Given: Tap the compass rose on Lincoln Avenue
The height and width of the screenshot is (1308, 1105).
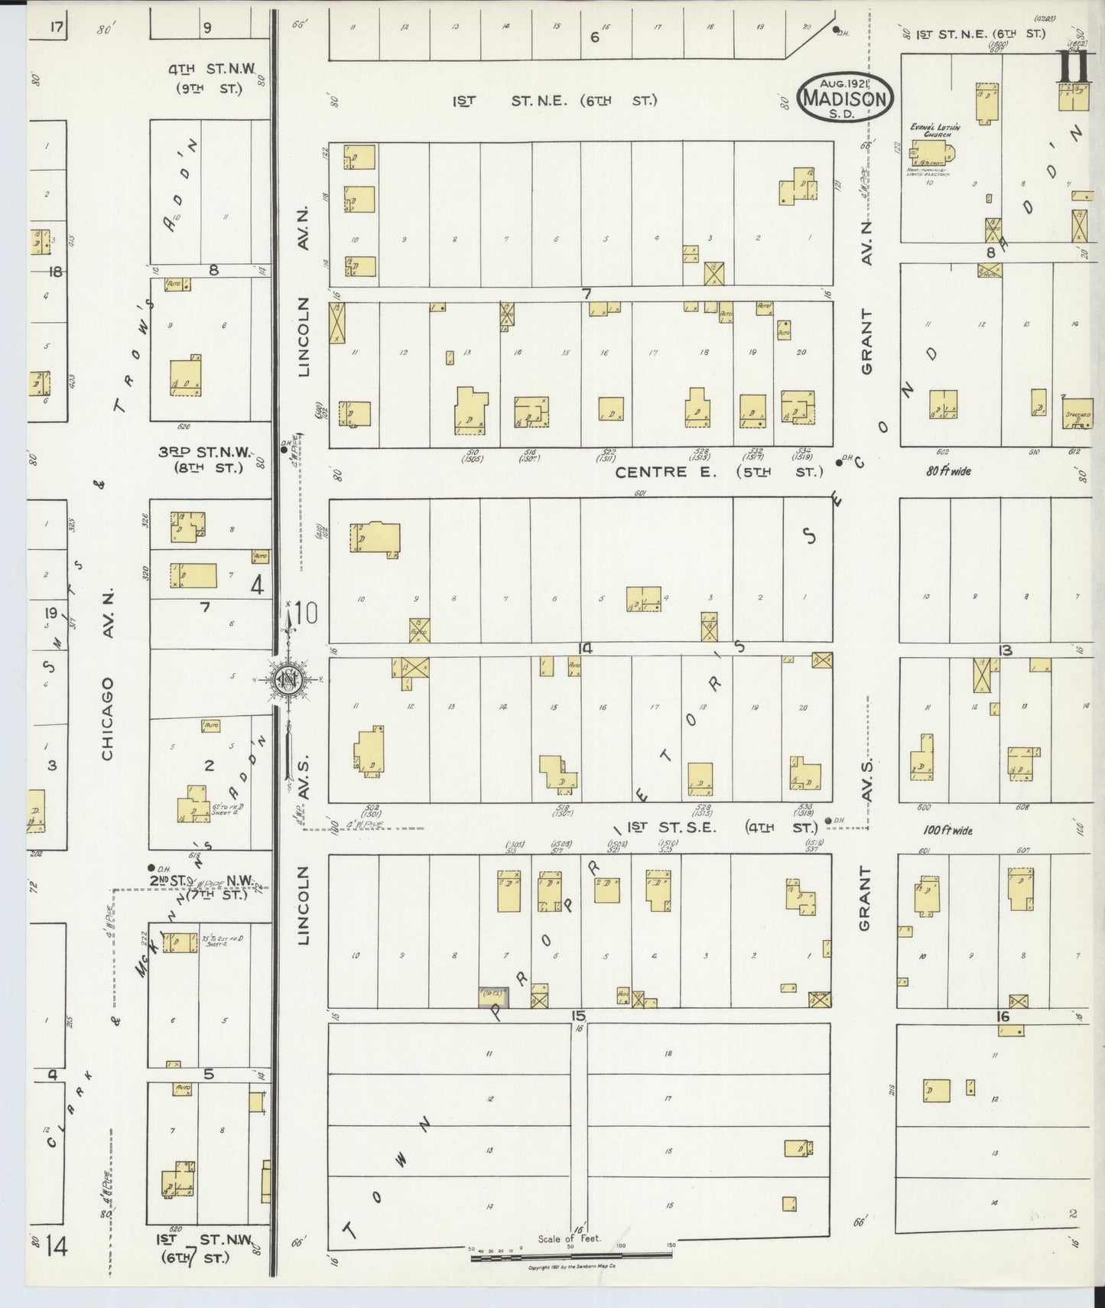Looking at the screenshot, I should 288,678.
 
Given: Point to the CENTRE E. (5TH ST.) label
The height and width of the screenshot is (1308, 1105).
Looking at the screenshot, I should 718,472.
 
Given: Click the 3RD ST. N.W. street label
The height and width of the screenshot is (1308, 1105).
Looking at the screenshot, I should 200,460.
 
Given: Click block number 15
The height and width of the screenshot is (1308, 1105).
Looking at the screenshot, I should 577,1016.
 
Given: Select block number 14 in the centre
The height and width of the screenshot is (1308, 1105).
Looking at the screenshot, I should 585,649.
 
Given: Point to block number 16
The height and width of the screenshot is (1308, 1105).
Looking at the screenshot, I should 1003,1017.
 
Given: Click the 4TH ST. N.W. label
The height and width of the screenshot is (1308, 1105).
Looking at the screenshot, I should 205,79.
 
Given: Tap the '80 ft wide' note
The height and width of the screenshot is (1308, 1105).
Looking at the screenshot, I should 947,471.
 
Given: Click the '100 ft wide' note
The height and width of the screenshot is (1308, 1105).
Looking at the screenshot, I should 947,830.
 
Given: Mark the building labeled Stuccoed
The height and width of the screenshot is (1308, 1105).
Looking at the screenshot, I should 1077,412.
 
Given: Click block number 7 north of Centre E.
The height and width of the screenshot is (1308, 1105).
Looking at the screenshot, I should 587,293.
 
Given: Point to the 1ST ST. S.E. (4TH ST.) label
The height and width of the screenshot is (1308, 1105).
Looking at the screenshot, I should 711,827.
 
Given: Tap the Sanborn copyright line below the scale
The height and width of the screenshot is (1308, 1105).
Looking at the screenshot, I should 573,1267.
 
